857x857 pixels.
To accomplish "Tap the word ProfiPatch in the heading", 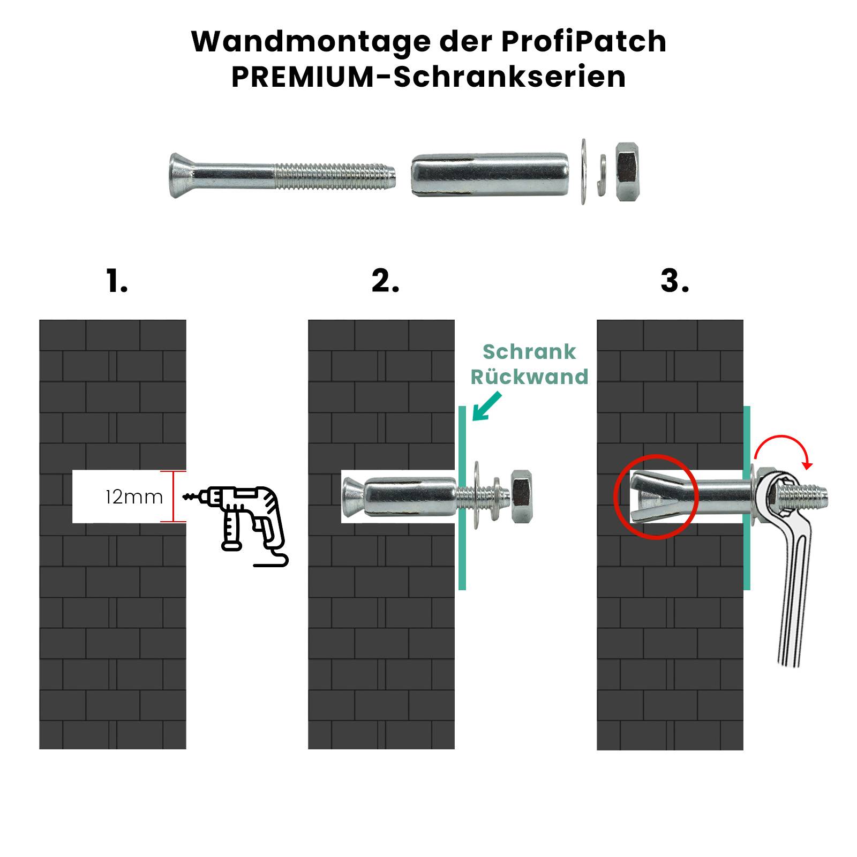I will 584,42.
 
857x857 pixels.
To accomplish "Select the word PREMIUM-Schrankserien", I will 428,77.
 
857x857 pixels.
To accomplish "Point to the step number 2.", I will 385,281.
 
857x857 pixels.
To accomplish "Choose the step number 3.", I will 674,281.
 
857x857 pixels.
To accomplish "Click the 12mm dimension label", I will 134,497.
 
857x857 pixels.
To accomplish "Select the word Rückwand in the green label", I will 529,377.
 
